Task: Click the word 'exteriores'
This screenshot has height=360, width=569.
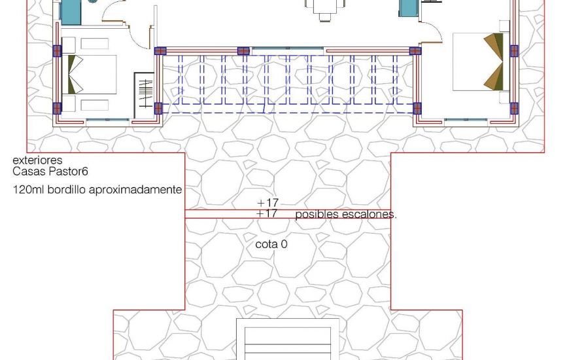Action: click(37, 160)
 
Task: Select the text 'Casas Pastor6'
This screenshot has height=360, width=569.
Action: click(50, 171)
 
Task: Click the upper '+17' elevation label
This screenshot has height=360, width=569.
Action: click(267, 204)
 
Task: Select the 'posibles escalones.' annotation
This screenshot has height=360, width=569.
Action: click(345, 214)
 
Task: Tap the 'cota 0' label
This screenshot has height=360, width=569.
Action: click(271, 244)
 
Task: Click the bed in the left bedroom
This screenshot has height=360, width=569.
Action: click(90, 74)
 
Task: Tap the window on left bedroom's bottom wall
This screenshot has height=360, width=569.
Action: click(108, 120)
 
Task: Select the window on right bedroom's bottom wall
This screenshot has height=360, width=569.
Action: click(466, 120)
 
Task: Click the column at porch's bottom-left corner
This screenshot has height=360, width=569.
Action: click(158, 108)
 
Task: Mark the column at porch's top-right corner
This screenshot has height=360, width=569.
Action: click(415, 51)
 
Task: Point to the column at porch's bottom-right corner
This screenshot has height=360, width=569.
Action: click(416, 108)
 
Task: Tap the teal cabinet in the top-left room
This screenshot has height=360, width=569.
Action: click(71, 10)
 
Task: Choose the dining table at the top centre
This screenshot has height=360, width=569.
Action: click(325, 7)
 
